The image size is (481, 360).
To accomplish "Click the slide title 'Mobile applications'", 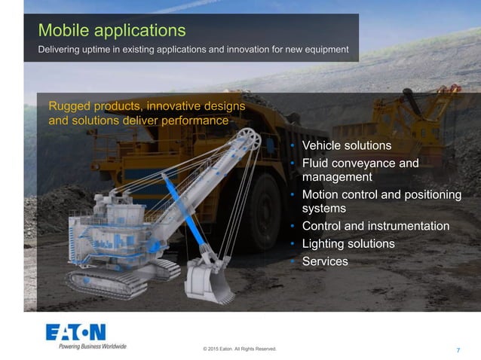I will tap(112, 31).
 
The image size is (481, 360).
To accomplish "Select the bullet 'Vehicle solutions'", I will tap(346, 145).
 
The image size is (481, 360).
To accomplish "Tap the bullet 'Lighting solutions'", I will tap(348, 243).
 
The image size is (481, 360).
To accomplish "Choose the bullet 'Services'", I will tap(325, 261).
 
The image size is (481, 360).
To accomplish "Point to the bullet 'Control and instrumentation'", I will tap(375, 226).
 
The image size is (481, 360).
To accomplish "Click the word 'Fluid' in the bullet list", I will tap(317, 163).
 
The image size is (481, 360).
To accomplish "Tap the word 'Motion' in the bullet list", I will tap(321, 194).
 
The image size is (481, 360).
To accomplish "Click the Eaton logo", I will tap(75, 332).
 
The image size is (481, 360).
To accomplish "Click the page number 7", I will tap(459, 350).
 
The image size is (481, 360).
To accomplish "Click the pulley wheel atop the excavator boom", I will tap(248, 139).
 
